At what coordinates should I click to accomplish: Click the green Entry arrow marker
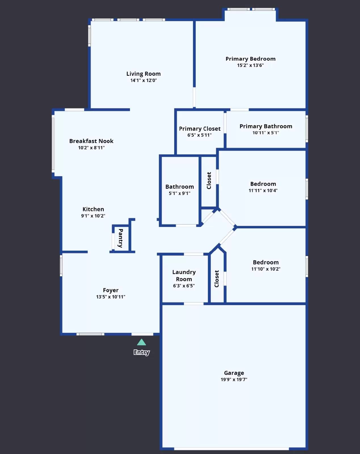click(x=141, y=342)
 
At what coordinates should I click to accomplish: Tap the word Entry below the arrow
click(x=141, y=352)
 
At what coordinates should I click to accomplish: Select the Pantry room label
click(x=121, y=238)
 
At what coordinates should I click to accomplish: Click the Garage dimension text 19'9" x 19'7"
click(x=234, y=379)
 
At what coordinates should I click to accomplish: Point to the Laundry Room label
click(x=184, y=276)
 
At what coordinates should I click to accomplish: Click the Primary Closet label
click(x=199, y=129)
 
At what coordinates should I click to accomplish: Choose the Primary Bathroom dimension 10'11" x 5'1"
click(x=266, y=133)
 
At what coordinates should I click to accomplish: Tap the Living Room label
click(x=143, y=74)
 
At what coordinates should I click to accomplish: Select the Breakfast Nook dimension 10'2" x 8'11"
click(x=91, y=148)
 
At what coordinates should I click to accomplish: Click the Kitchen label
click(x=93, y=209)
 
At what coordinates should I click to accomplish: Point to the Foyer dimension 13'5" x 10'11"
click(x=110, y=297)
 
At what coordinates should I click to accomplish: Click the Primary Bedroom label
click(x=250, y=59)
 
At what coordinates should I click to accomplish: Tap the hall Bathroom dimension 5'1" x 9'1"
click(x=179, y=193)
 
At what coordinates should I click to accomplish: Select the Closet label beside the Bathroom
click(x=209, y=180)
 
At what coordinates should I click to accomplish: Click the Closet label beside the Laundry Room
click(x=217, y=279)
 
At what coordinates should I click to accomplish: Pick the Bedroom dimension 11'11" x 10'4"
click(x=263, y=190)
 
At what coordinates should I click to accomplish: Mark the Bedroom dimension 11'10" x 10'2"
click(x=266, y=269)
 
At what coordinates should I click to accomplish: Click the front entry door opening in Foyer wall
click(x=142, y=334)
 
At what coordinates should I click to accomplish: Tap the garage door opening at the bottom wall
click(x=231, y=449)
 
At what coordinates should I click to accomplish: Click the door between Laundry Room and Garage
click(x=193, y=304)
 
